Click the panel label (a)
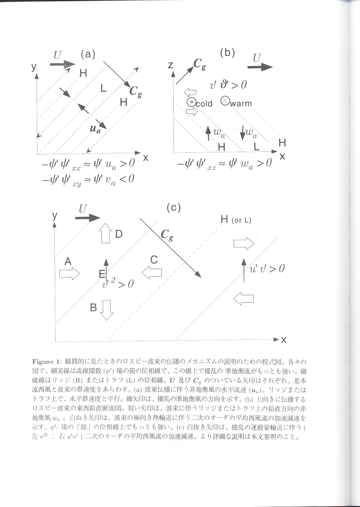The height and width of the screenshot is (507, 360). [x=88, y=54]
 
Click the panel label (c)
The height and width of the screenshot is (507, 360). [x=174, y=208]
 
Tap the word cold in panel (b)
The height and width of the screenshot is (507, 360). [x=204, y=104]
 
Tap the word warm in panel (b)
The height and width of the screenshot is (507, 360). [x=241, y=104]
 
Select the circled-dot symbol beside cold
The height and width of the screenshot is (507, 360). [x=191, y=102]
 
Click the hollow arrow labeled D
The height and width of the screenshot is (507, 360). [x=105, y=233]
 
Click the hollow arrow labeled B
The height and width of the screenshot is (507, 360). [x=106, y=310]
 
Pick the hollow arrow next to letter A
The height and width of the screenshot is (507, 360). [x=69, y=273]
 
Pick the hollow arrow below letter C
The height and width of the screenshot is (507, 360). [x=152, y=273]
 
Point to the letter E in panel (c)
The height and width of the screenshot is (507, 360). [x=102, y=274]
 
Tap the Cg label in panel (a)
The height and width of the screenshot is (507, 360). [x=136, y=91]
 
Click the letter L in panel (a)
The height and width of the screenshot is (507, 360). [x=103, y=88]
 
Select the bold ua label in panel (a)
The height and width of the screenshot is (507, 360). [x=95, y=129]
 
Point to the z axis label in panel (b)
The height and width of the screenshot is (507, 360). [x=170, y=65]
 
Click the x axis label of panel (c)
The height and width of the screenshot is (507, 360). [x=284, y=340]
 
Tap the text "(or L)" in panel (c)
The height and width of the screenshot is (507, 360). [x=241, y=220]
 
